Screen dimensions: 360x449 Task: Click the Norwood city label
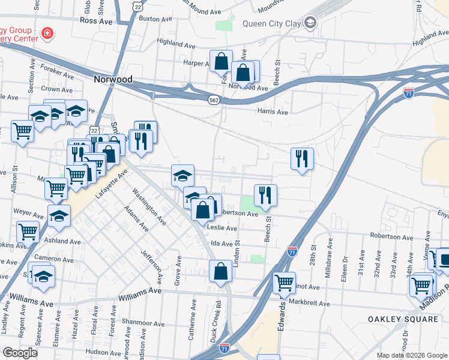(113, 79)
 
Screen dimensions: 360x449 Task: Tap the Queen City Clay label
(272, 24)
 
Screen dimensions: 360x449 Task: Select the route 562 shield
(213, 100)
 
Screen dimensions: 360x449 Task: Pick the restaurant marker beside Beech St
(265, 195)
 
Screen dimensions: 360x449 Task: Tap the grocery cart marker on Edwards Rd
(284, 283)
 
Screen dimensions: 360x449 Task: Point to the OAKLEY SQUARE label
(403, 319)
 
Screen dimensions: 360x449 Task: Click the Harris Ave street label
(273, 112)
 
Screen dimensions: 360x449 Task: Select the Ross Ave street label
(96, 21)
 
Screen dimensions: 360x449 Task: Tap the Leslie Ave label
(222, 228)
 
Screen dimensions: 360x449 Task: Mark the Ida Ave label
(221, 244)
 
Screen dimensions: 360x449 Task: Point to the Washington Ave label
(149, 207)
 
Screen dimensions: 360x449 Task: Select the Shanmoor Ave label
(143, 323)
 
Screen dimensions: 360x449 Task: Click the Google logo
(20, 353)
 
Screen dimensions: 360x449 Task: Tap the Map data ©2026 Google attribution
(412, 355)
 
